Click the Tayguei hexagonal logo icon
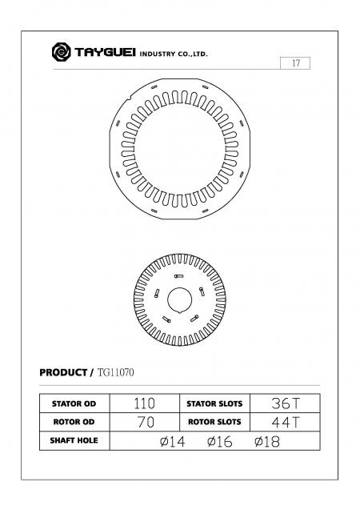pos(60,53)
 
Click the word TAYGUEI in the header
pos(103,54)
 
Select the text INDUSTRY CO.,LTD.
pos(174,54)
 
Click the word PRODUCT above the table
pos(64,372)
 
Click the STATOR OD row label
pos(74,404)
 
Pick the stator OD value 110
pos(144,404)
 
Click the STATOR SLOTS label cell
pos(214,404)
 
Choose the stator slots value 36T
pos(283,404)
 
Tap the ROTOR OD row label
pos(74,422)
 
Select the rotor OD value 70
pos(144,422)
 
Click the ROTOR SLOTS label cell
pos(214,422)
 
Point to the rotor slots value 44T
pos(283,422)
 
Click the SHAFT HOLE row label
pos(74,440)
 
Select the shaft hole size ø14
pos(172,441)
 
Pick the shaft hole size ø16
pos(219,441)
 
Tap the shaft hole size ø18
pos(266,441)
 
